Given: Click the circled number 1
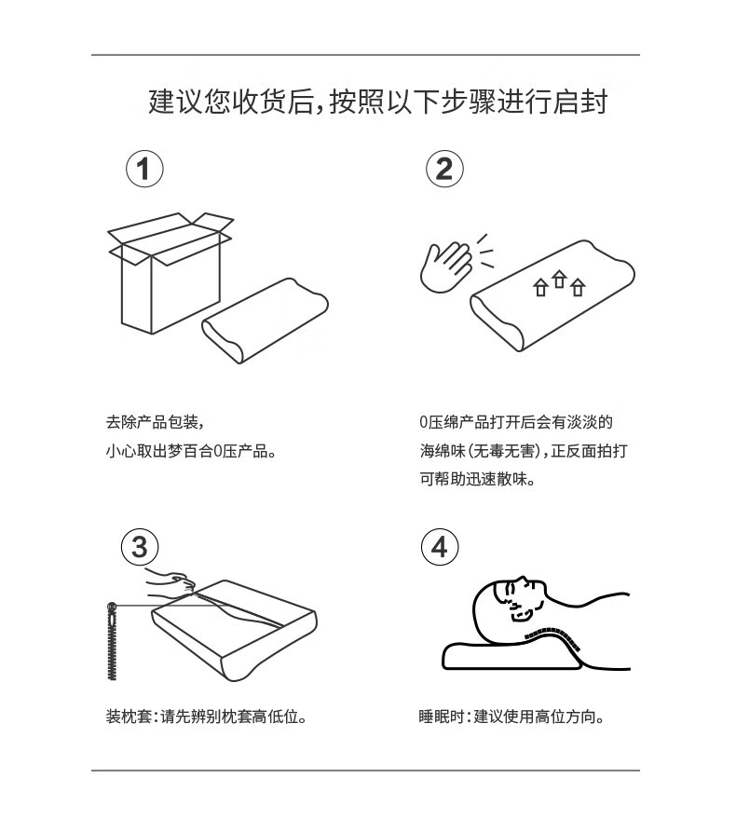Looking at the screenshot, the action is [x=144, y=169].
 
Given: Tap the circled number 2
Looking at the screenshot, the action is [x=444, y=169].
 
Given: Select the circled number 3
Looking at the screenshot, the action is [x=140, y=547].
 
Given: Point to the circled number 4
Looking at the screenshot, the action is [x=440, y=547].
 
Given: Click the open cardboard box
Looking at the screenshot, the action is [x=170, y=272].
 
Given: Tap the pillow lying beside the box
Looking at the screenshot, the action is [x=265, y=321].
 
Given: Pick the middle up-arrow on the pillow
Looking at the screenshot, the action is [x=559, y=279].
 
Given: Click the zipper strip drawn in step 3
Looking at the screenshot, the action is [x=112, y=642].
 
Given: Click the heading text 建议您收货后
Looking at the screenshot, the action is [x=232, y=102].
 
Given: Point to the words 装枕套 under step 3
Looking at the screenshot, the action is [x=129, y=717].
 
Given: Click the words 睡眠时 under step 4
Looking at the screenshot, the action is [x=442, y=717].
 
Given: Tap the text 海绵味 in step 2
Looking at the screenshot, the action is [x=443, y=451].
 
